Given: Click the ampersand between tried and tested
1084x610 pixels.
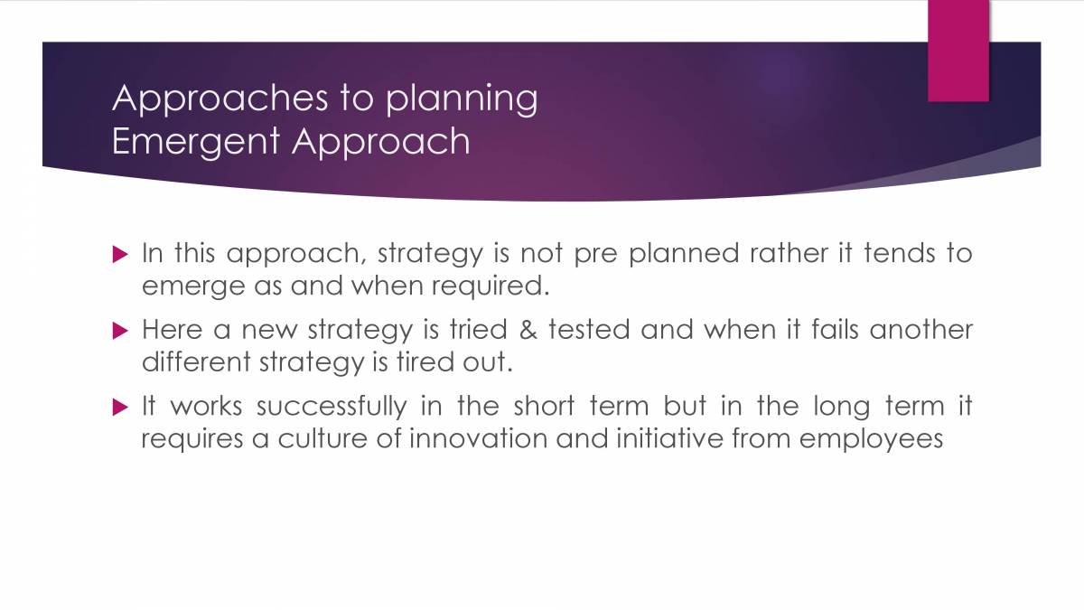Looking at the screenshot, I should pyautogui.click(x=528, y=330).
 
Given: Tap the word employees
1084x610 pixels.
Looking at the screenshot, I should pyautogui.click(x=871, y=440).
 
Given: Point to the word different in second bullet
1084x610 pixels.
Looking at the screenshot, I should pyautogui.click(x=195, y=362).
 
